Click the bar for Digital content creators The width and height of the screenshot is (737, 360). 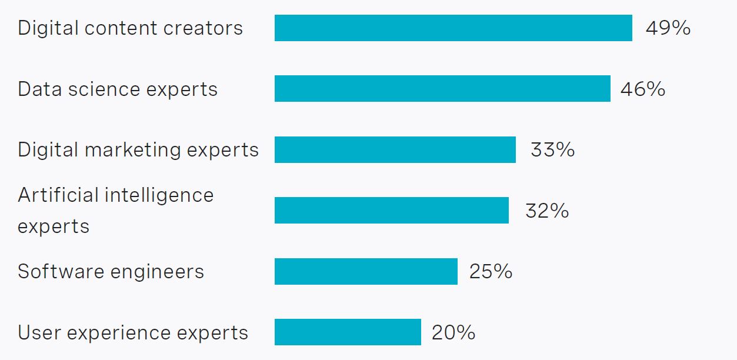453,28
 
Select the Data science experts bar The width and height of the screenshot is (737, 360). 442,89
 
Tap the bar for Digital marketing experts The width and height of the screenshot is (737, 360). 395,149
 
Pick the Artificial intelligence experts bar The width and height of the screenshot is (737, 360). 391,210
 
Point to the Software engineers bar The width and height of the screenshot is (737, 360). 366,271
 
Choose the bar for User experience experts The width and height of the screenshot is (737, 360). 348,332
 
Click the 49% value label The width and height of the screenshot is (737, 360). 668,28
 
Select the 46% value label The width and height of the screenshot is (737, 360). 642,89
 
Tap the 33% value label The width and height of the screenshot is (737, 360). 552,150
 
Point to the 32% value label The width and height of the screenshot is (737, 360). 547,211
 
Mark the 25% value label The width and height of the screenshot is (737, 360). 491,272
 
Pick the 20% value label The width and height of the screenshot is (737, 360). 453,333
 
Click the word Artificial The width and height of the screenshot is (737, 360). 56,195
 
